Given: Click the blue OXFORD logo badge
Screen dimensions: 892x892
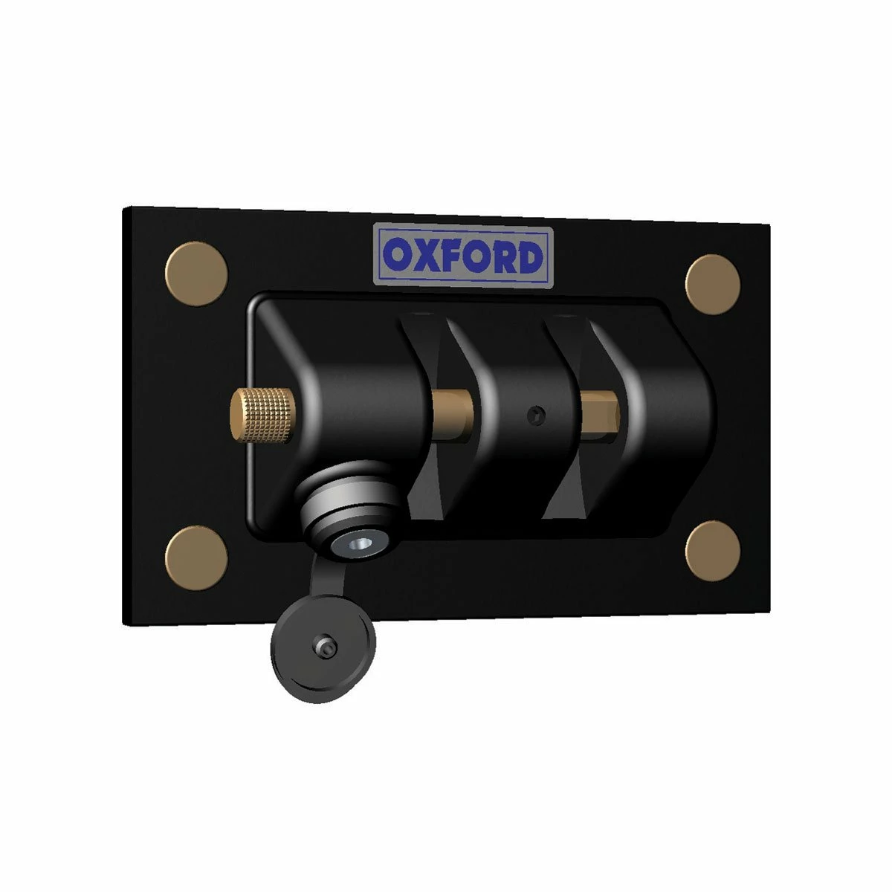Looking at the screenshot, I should [x=463, y=256].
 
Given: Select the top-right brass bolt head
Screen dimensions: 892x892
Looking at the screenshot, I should [x=712, y=283].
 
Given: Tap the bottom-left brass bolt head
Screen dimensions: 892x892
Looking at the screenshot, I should [x=196, y=557].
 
